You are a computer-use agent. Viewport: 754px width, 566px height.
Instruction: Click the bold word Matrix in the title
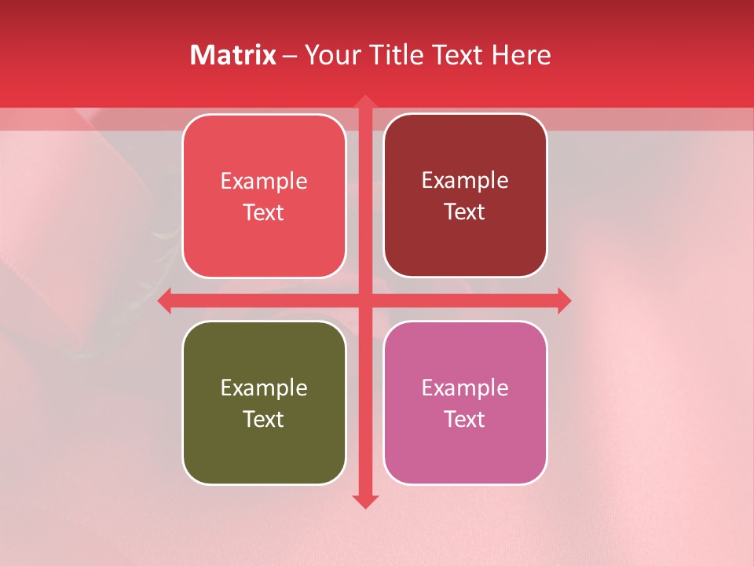click(x=233, y=55)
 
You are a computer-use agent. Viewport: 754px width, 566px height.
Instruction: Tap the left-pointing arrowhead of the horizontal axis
click(x=165, y=300)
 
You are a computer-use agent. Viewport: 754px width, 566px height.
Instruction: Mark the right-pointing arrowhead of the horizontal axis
click(x=564, y=300)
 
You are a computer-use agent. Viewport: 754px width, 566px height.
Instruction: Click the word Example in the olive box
click(x=264, y=388)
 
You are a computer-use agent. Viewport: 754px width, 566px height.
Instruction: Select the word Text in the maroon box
click(x=465, y=211)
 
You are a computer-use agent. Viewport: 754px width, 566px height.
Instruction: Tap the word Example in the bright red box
click(x=264, y=181)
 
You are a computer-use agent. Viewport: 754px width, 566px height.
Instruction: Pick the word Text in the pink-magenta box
click(x=465, y=419)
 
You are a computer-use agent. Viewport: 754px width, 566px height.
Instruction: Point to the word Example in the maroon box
click(x=465, y=180)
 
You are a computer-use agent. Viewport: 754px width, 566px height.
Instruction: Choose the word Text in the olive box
click(x=264, y=419)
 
